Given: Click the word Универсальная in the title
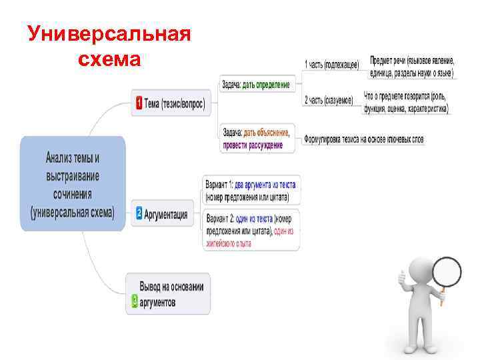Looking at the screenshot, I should [109, 34].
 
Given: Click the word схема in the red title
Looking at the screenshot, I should [109, 60].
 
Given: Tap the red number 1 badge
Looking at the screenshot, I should [138, 104].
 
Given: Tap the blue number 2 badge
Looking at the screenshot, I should [139, 213].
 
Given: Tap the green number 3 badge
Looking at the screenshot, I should [135, 302].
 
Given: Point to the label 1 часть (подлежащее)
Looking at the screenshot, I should [331, 64].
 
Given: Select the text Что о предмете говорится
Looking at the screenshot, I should [406, 102].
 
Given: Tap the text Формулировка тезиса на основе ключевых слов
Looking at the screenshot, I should [363, 139].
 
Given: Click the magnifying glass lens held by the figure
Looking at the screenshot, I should [447, 271].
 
